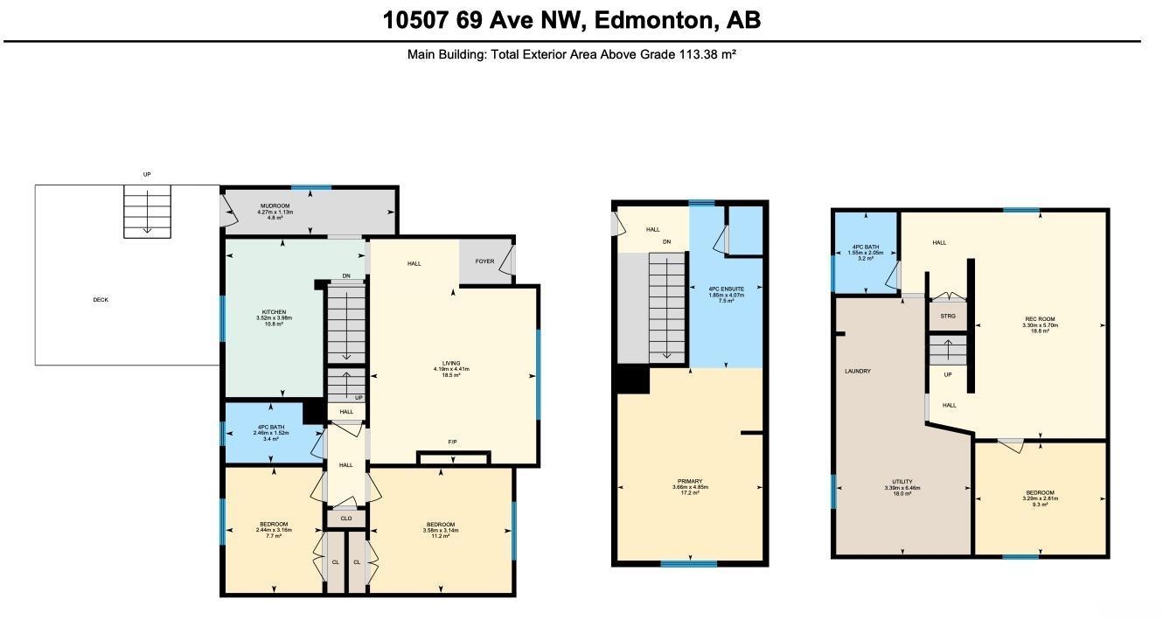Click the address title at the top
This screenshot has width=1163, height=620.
tap(572, 19)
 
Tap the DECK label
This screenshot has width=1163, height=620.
tap(101, 300)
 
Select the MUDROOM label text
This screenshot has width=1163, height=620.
tap(275, 206)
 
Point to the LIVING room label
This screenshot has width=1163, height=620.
tap(451, 363)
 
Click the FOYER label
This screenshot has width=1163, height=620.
tap(484, 261)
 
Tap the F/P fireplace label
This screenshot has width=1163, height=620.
tap(452, 442)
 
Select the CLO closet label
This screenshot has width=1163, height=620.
tap(346, 519)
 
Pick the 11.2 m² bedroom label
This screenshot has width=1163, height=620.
tap(441, 530)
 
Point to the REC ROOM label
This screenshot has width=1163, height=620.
tap(1040, 319)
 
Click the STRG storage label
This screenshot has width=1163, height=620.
tap(947, 316)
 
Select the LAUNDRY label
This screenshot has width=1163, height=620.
tap(857, 371)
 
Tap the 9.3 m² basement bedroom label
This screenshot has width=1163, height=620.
tap(1040, 492)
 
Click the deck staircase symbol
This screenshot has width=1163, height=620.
tap(147, 211)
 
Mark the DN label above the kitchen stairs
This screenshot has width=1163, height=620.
tap(346, 276)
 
